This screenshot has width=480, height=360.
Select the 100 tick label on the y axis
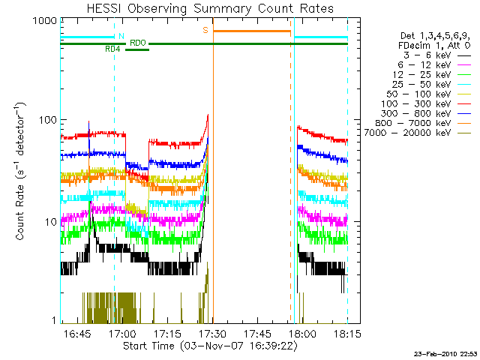tap(46, 121)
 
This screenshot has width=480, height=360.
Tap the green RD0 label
tap(137, 43)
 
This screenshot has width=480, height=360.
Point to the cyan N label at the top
tap(120, 35)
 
